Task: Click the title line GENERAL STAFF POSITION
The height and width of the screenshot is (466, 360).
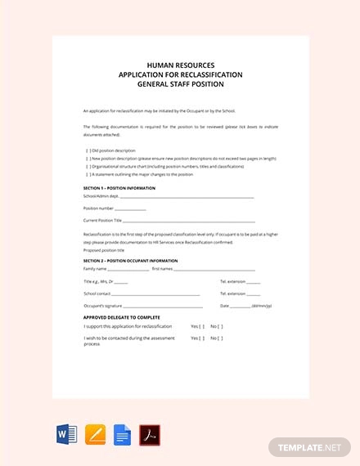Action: [x=180, y=84]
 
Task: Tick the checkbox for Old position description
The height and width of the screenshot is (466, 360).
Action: [x=88, y=150]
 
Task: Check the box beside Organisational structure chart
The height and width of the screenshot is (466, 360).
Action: [x=88, y=167]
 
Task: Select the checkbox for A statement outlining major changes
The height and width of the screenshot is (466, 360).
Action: [x=88, y=174]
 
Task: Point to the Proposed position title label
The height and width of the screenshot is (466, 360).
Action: [x=104, y=250]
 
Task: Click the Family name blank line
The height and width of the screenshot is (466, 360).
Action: [x=128, y=269]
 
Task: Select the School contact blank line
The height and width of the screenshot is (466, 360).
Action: [x=155, y=293]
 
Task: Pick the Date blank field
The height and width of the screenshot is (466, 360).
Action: [x=241, y=306]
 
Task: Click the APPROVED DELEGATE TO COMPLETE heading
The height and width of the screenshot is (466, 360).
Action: [x=122, y=317]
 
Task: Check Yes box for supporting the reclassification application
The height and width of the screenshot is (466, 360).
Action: [x=202, y=326]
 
